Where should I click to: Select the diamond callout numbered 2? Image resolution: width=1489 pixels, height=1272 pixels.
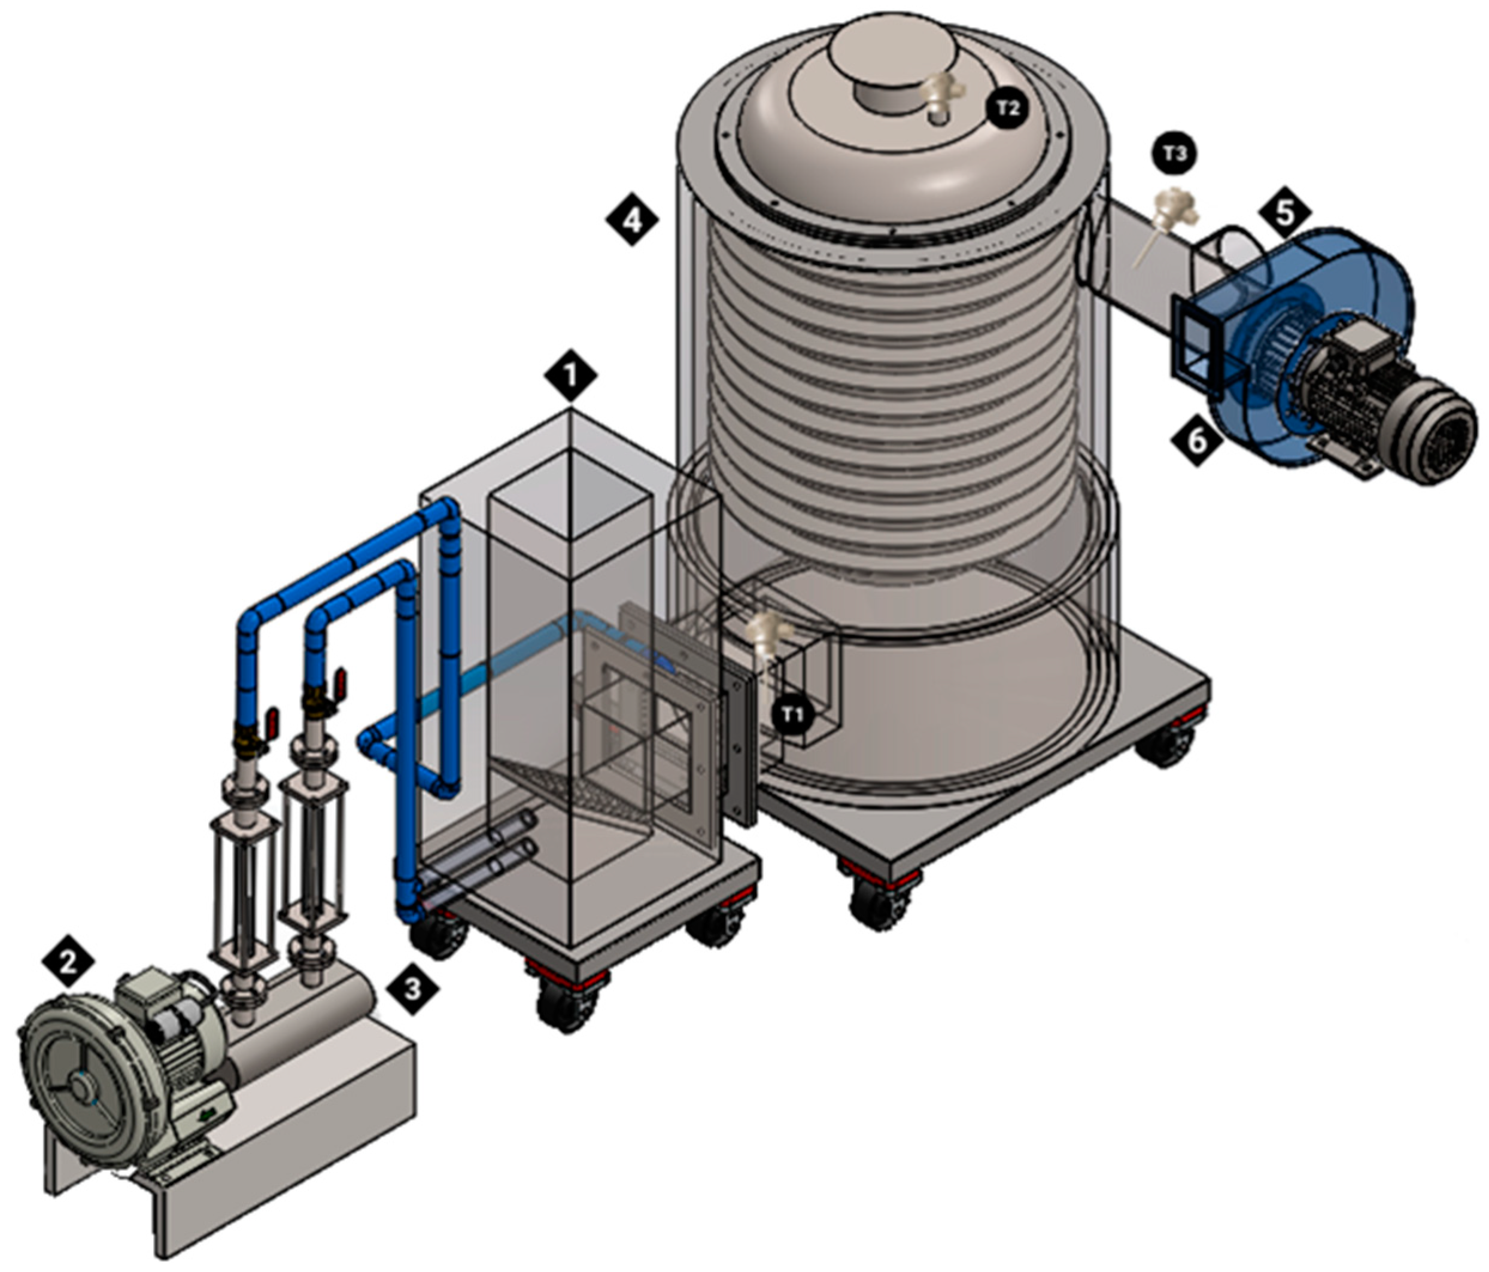(68, 962)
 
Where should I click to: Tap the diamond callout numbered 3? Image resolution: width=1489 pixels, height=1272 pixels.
(412, 989)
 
